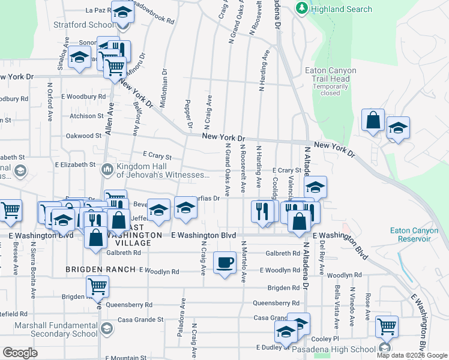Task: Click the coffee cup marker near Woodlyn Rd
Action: (224, 262)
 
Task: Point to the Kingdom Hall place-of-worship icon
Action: (107, 169)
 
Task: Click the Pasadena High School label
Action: (342, 349)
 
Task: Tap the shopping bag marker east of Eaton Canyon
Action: (373, 120)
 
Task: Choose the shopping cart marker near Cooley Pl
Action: (387, 326)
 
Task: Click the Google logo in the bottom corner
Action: (20, 352)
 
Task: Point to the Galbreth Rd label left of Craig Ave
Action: (124, 253)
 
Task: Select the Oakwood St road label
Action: (83, 136)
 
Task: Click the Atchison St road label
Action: (87, 116)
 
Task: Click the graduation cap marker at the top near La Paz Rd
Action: (122, 13)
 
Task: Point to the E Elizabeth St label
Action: (75, 164)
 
